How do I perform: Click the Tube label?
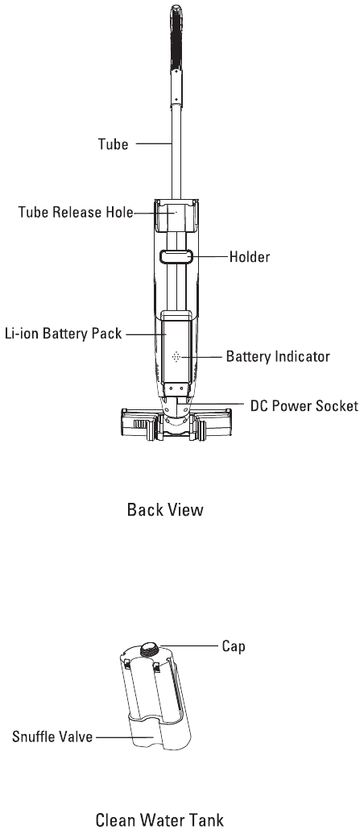[113, 144]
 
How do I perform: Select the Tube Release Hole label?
[76, 212]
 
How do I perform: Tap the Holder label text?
[250, 257]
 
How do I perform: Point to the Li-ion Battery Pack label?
[63, 334]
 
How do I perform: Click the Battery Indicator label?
[278, 356]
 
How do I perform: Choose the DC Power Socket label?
[304, 406]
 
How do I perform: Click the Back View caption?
[165, 510]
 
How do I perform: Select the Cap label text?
[234, 646]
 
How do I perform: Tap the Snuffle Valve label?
[52, 737]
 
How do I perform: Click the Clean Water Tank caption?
[160, 820]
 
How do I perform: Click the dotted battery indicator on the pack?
[177, 357]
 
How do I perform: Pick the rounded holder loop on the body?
[176, 257]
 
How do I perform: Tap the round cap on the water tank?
[151, 649]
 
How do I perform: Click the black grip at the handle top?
[176, 39]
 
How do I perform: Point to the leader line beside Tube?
[154, 143]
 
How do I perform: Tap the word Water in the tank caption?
[161, 820]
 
